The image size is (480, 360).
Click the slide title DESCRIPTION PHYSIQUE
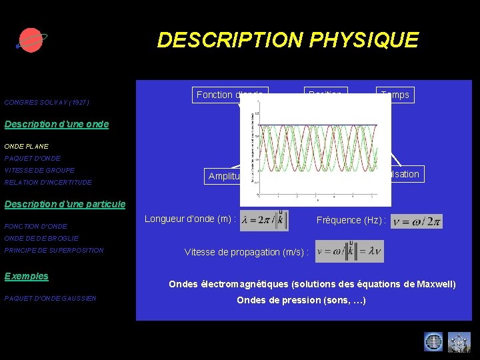click(x=287, y=40)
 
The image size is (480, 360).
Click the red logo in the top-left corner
click(x=29, y=41)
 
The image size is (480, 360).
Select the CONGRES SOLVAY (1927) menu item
click(x=47, y=103)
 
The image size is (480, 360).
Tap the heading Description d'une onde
click(x=56, y=124)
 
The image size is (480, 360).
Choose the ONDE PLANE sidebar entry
click(x=26, y=146)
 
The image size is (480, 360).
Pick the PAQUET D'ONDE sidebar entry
click(x=32, y=158)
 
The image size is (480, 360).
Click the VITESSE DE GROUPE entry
click(x=39, y=170)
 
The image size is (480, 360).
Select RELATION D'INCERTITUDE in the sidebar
click(x=48, y=182)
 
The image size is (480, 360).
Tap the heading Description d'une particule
click(x=65, y=203)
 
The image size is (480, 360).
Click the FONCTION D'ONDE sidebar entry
click(x=35, y=227)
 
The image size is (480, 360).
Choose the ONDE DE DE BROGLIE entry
click(x=41, y=238)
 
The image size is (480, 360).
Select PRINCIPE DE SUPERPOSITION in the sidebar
click(x=54, y=251)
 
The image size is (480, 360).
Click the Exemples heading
click(x=26, y=276)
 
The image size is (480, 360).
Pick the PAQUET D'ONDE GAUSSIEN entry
click(x=50, y=298)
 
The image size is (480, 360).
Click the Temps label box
click(x=395, y=95)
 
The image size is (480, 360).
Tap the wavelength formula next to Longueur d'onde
click(x=264, y=221)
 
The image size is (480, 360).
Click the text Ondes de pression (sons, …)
click(x=301, y=300)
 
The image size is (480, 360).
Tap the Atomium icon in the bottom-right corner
click(x=459, y=341)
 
